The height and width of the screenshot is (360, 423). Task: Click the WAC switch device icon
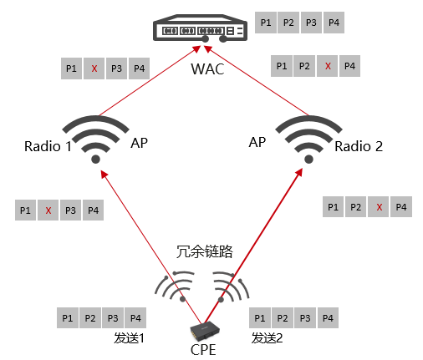coord(200,28)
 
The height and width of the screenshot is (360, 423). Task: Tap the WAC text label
coord(207,69)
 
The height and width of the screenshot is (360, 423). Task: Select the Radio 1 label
coord(48,146)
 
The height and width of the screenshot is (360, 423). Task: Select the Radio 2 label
coord(359,146)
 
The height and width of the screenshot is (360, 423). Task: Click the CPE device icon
coord(205,332)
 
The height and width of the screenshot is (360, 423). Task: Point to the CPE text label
coord(203,350)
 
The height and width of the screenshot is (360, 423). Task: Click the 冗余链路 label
coord(204,251)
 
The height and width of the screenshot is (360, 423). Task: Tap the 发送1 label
coord(129,338)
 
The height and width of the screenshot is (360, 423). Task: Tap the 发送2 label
coord(267,338)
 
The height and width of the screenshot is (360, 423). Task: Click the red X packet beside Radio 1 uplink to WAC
coord(94,68)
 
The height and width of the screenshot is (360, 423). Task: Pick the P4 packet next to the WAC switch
coord(334,23)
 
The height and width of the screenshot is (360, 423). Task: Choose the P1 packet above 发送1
coord(68,317)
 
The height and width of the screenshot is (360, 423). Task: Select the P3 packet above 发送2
coord(305,317)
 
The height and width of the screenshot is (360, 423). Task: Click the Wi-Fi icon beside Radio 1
coord(95,139)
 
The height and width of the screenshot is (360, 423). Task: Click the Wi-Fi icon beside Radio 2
coord(308,139)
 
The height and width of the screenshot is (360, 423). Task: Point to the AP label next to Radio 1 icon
coord(139,143)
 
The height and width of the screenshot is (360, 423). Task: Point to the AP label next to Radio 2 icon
coord(257,142)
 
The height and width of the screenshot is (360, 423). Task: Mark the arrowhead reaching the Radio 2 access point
coord(299,172)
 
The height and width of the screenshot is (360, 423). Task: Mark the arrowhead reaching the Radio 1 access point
coord(104,175)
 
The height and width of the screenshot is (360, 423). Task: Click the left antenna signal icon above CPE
coord(175,286)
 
